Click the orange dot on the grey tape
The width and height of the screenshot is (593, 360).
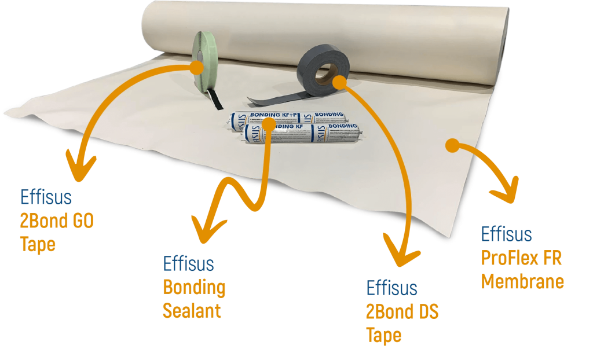pos(339,83)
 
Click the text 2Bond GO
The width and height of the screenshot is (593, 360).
pos(56,221)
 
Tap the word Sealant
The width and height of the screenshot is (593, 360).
pos(192,311)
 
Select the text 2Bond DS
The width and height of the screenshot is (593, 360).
pos(402,312)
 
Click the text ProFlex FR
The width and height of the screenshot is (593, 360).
pos(521,258)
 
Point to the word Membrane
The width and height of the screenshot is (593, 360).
pos(522,282)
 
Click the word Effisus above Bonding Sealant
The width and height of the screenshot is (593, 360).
pos(188,264)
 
